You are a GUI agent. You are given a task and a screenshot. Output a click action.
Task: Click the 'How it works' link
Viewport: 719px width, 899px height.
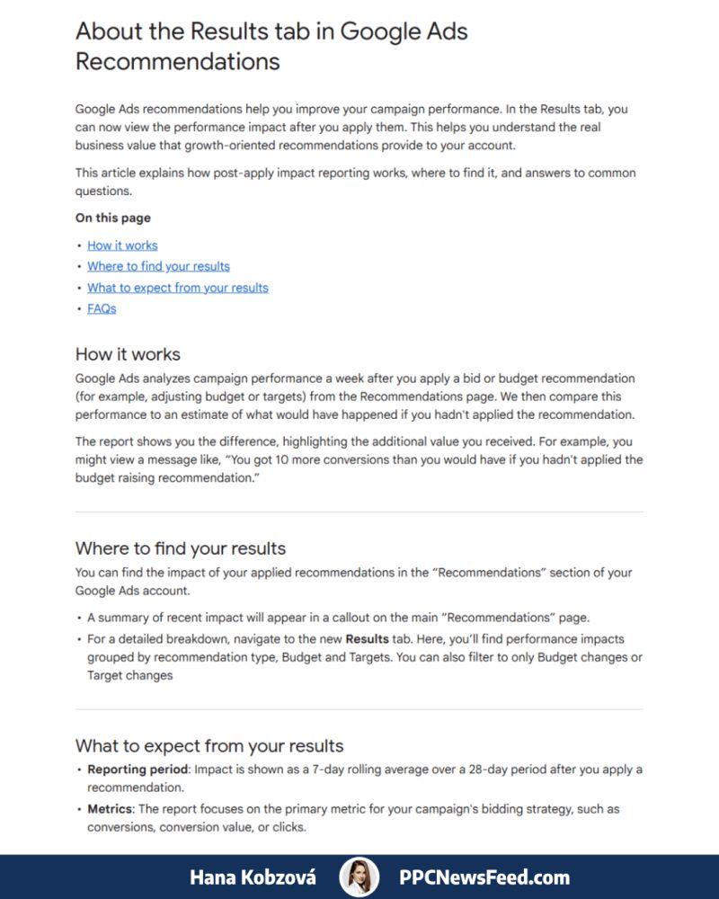pyautogui.click(x=122, y=245)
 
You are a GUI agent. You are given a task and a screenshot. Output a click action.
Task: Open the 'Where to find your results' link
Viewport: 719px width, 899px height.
pyautogui.click(x=158, y=266)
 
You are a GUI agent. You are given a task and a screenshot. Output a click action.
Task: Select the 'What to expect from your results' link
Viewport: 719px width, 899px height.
pyautogui.click(x=178, y=288)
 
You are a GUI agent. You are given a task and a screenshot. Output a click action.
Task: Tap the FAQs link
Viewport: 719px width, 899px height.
pyautogui.click(x=102, y=308)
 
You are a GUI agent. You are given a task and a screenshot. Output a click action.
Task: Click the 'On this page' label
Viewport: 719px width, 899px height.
pyautogui.click(x=113, y=218)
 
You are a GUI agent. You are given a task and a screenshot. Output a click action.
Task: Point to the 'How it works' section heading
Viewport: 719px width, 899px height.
pyautogui.click(x=128, y=354)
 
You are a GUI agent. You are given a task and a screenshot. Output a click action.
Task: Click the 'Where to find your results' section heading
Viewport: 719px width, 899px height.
pyautogui.click(x=181, y=548)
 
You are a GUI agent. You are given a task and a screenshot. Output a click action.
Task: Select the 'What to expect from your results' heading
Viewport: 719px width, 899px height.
pyautogui.click(x=209, y=745)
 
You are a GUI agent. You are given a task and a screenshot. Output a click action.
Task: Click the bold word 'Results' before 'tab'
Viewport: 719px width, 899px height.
pyautogui.click(x=367, y=639)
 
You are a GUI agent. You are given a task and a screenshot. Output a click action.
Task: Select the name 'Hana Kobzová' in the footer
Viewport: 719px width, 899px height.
pyautogui.click(x=253, y=877)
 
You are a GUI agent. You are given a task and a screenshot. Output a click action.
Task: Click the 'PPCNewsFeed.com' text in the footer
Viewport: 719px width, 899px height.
pyautogui.click(x=484, y=877)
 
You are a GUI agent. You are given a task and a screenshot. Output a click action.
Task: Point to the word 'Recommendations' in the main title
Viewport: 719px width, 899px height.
pyautogui.click(x=178, y=61)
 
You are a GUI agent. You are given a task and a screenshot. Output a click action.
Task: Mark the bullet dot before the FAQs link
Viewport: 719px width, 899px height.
pyautogui.click(x=79, y=309)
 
